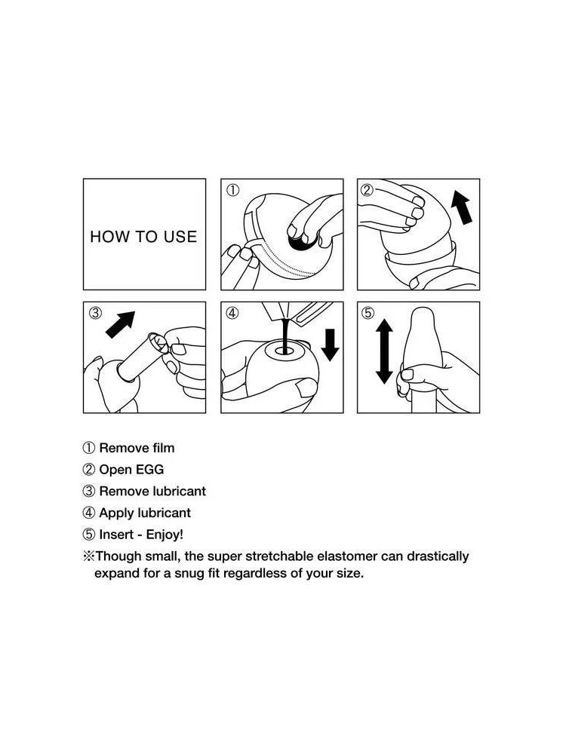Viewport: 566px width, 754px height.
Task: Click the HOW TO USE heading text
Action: (x=143, y=237)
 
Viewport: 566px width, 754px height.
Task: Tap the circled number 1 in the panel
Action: (x=232, y=191)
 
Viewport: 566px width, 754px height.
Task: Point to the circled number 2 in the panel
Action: (x=367, y=190)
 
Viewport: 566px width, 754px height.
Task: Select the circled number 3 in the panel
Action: (x=95, y=313)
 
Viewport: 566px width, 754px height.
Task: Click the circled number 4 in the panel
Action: (x=232, y=313)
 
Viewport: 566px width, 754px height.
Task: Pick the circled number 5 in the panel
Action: (x=368, y=313)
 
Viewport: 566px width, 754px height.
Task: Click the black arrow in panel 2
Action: (x=462, y=207)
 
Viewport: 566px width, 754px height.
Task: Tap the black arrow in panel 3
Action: (x=120, y=324)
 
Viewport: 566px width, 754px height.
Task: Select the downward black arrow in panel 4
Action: (x=331, y=345)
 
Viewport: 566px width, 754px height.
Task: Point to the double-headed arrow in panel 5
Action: (x=384, y=351)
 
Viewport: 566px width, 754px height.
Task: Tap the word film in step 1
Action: (x=163, y=448)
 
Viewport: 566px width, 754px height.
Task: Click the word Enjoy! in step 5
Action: (x=165, y=535)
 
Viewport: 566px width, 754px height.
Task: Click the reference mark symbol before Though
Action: (x=89, y=556)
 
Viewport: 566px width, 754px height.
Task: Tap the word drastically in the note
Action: (x=438, y=557)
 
